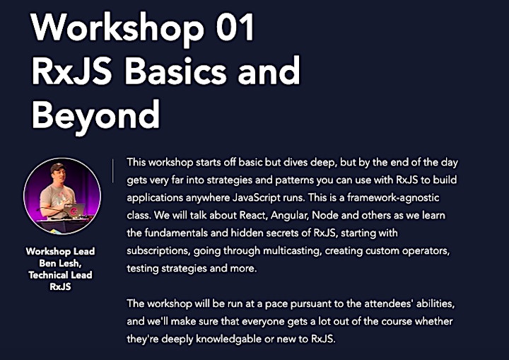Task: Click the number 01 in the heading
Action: (x=235, y=27)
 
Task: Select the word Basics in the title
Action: (x=175, y=71)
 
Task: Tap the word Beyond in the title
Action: (x=95, y=116)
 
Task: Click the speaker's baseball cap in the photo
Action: (x=59, y=168)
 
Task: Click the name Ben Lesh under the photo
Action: (x=60, y=263)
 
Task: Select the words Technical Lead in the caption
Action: (x=60, y=275)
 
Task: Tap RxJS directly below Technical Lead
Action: (x=60, y=286)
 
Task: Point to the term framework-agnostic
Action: (x=393, y=197)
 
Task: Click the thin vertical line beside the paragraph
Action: (x=113, y=171)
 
